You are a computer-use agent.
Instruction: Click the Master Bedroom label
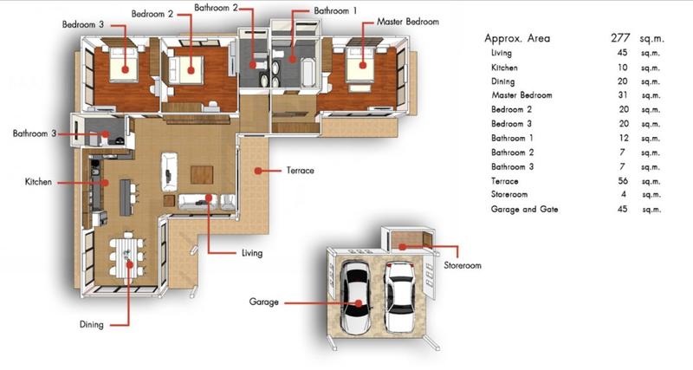tap(407, 22)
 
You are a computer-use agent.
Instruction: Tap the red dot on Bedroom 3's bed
tap(125, 70)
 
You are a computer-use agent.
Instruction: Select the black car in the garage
tap(356, 297)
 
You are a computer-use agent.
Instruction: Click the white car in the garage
tap(400, 297)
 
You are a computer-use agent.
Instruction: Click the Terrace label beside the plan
tap(300, 170)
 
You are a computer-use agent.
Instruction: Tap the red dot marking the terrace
tap(257, 171)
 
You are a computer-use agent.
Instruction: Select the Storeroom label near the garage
tap(463, 265)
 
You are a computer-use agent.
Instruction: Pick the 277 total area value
tap(620, 38)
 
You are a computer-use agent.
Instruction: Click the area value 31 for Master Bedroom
tap(623, 95)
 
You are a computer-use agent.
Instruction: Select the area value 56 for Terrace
tap(623, 181)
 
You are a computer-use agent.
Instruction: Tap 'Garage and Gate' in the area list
tap(524, 209)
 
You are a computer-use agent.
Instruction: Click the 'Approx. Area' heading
tap(517, 38)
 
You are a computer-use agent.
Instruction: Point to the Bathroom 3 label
tap(35, 133)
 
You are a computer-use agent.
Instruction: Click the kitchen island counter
tap(126, 198)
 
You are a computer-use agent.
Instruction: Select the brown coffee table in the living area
tap(202, 175)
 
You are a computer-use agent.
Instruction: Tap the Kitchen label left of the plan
tap(38, 182)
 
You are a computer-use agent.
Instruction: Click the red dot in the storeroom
tap(402, 247)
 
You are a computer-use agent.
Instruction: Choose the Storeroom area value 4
tap(623, 194)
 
